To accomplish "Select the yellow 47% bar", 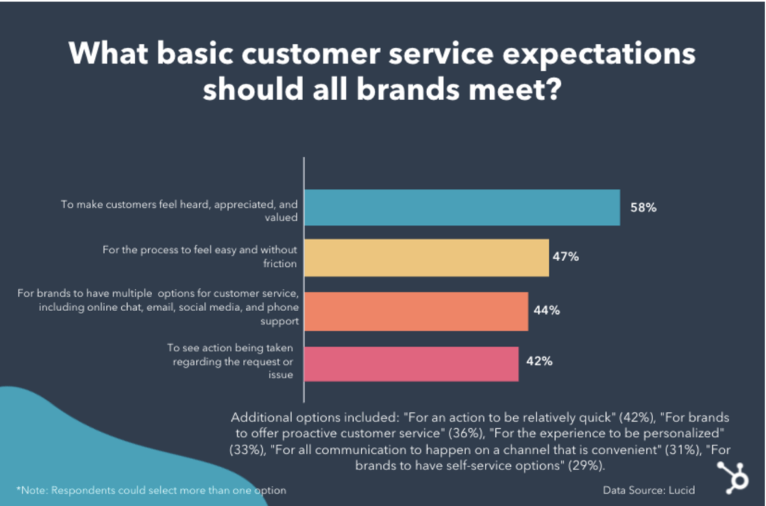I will (x=426, y=258).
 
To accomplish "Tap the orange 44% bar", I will (x=416, y=311).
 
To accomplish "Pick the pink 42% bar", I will (x=411, y=364).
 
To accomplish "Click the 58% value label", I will (x=643, y=208).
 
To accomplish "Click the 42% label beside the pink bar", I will (x=539, y=362).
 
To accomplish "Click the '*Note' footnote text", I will (x=150, y=490).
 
